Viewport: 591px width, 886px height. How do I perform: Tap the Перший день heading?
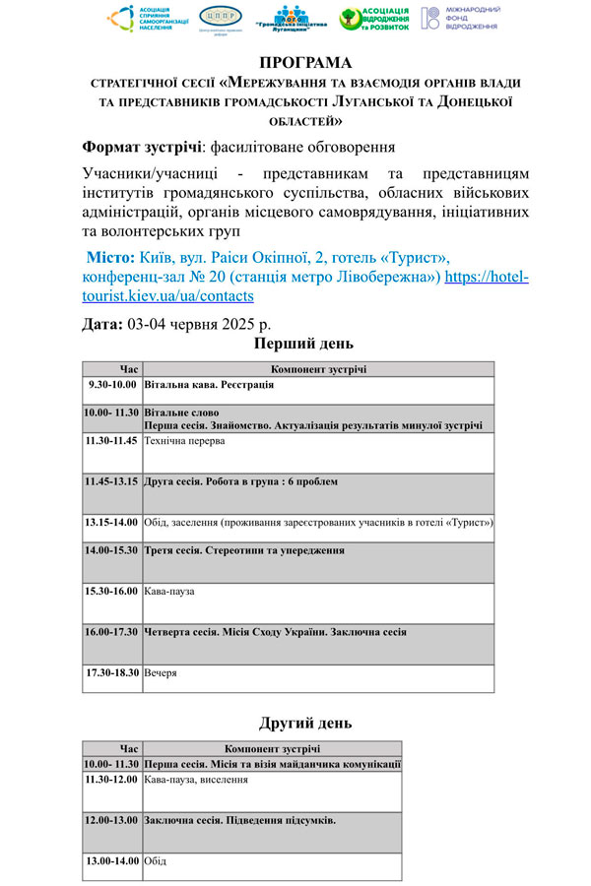point(302,344)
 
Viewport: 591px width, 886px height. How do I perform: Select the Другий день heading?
point(305,724)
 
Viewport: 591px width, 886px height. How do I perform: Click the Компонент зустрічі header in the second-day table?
point(272,749)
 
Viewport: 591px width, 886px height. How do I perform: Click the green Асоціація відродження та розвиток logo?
point(372,19)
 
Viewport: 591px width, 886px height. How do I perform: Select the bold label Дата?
point(102,323)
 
